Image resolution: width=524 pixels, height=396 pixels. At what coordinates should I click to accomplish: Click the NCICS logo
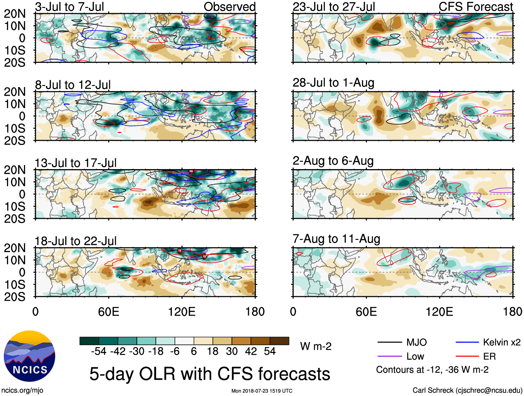[29, 356]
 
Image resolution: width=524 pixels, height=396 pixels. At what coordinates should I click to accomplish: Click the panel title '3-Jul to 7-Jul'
[69, 7]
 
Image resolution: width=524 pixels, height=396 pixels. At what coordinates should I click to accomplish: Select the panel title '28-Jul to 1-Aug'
[333, 83]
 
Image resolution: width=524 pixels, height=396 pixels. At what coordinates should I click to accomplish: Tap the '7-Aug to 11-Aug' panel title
[336, 239]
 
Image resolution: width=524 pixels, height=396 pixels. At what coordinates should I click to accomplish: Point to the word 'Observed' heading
[229, 7]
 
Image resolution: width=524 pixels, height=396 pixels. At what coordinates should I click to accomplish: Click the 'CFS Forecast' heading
[475, 7]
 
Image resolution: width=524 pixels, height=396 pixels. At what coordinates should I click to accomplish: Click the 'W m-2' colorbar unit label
[316, 346]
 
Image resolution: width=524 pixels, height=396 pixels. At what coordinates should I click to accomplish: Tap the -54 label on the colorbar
[99, 351]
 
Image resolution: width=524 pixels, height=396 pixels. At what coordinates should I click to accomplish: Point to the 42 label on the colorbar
[251, 351]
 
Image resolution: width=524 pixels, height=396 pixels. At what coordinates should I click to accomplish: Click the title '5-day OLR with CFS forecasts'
[210, 374]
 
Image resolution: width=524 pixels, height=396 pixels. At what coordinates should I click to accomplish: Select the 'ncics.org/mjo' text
[22, 390]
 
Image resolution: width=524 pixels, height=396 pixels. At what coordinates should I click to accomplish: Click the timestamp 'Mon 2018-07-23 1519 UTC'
[262, 391]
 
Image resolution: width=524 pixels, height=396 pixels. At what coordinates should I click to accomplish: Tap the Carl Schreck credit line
[467, 390]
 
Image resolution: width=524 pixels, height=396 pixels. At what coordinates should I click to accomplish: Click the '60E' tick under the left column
[109, 311]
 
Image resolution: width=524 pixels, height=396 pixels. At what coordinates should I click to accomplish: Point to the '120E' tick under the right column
[439, 311]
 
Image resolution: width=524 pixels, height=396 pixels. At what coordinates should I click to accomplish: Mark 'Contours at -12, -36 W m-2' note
[432, 370]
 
